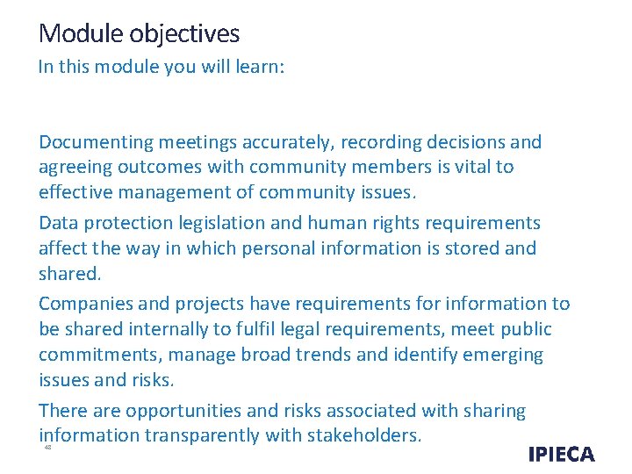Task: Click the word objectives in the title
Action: click(184, 34)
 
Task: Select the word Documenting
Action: click(97, 142)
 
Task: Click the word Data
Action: click(60, 223)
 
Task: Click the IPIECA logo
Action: click(562, 454)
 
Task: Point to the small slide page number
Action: click(47, 447)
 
